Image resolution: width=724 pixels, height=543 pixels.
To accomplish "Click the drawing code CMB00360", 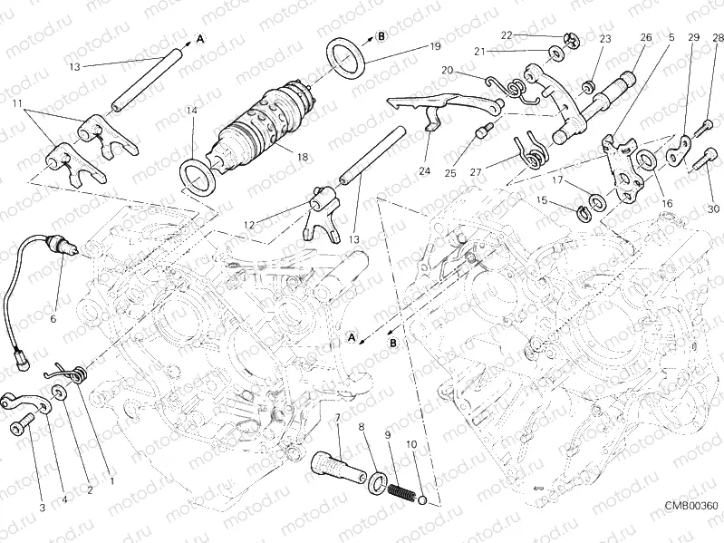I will point(690,505).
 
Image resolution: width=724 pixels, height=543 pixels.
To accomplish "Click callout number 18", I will point(302,157).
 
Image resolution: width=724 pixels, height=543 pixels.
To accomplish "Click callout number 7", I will point(337,419).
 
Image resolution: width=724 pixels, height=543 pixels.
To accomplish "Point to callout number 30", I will point(713,208).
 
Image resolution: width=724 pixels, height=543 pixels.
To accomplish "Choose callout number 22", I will point(507,35).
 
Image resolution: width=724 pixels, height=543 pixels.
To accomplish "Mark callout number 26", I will point(646,38).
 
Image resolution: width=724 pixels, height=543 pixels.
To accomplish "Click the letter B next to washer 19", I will point(381,36).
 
